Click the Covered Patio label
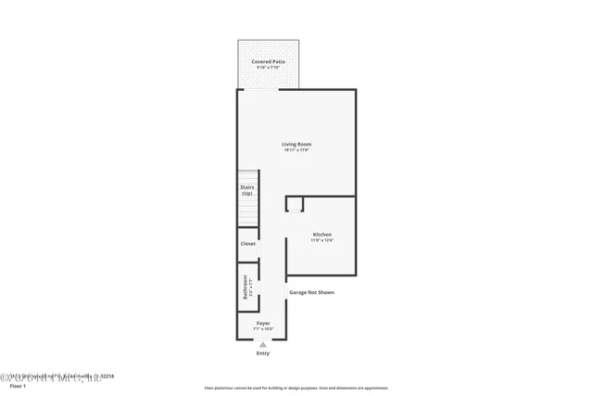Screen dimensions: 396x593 point(268,61)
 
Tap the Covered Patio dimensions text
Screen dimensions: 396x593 point(268,68)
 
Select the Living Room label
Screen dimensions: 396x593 point(296,144)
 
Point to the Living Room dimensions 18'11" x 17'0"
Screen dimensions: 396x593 point(296,150)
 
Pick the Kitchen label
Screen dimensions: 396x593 point(322,235)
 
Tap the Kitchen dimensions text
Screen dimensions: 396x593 point(322,241)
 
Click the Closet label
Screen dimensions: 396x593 point(247,244)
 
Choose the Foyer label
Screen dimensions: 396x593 point(263,323)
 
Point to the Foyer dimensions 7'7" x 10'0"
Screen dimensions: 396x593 point(263,329)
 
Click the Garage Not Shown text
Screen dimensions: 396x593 point(311,292)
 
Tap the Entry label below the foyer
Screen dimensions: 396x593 point(263,353)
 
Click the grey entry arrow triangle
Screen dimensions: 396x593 point(263,344)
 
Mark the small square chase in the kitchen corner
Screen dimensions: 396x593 point(295,204)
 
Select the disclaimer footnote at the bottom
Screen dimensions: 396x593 point(296,388)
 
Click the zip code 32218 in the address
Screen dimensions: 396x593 point(107,376)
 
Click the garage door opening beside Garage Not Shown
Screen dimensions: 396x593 point(286,292)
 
